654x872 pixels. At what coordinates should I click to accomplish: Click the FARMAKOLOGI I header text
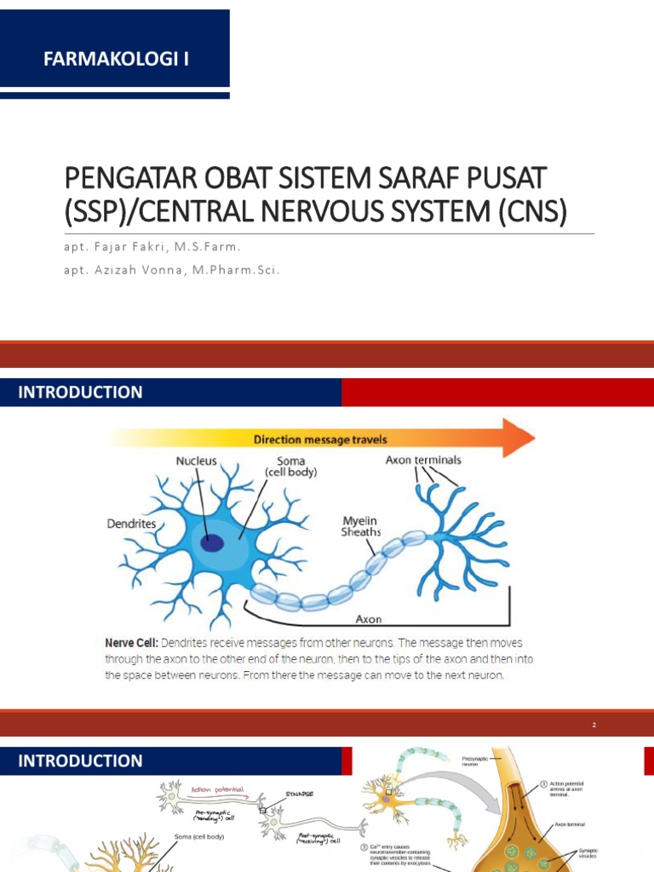[116, 59]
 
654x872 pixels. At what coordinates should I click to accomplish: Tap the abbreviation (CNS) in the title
[528, 210]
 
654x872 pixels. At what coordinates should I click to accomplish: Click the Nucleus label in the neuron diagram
[197, 461]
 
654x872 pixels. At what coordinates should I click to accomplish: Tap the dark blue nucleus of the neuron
[211, 542]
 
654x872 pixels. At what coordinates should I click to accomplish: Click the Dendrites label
[132, 524]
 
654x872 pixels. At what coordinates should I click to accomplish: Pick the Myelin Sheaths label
[361, 525]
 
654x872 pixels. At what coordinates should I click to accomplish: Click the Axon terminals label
[423, 460]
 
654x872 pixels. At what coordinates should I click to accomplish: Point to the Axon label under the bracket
[368, 621]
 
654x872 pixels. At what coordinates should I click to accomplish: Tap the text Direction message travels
[320, 439]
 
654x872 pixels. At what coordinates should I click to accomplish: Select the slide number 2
[594, 725]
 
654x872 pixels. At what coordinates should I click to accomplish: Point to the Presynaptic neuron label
[475, 760]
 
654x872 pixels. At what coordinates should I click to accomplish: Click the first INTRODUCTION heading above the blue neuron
[81, 393]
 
